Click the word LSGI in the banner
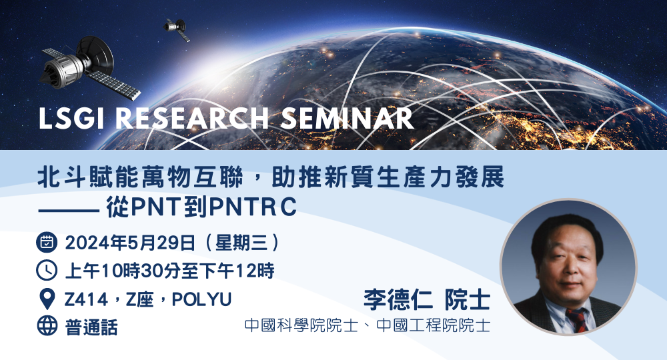pos(71,118)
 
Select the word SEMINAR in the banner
pos(347,118)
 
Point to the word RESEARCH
pos(192,118)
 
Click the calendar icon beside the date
pos(47,242)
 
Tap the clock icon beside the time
pos(47,270)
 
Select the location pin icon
pos(47,299)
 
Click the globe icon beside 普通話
pos(47,327)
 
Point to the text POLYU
pos(201,299)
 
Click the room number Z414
pos(86,299)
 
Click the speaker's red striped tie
pos(577,319)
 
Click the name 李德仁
pos(398,299)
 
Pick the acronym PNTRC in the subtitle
pos(253,207)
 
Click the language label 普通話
pos(91,327)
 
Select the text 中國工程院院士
pos(434,325)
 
